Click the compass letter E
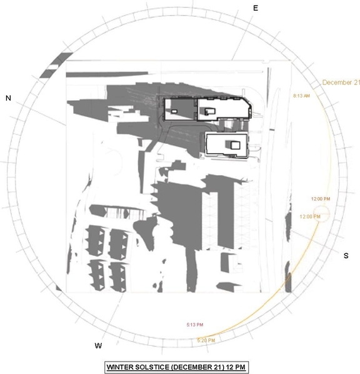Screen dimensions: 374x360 [255, 8]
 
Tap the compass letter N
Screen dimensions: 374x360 [8, 98]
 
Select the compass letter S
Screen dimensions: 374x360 [346, 256]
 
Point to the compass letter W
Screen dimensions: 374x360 [98, 345]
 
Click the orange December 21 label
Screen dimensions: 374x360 [341, 83]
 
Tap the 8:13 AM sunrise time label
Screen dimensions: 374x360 [301, 96]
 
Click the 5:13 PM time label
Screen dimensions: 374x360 [196, 325]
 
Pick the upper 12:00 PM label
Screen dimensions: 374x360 [320, 199]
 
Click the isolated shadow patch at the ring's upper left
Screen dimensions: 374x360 [54, 66]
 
